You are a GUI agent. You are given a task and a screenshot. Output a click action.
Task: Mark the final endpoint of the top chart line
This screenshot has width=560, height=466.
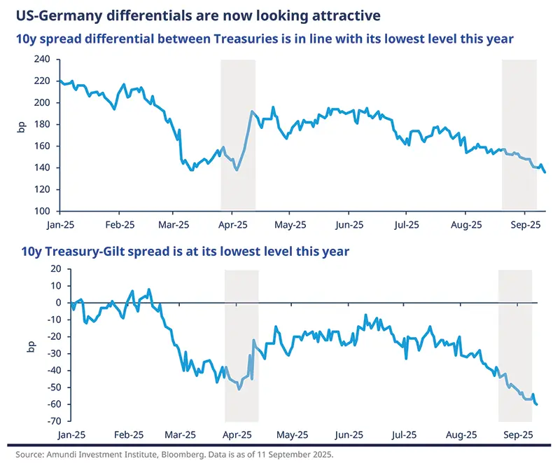545,172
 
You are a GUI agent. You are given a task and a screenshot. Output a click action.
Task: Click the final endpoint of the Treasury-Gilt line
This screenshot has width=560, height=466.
536,404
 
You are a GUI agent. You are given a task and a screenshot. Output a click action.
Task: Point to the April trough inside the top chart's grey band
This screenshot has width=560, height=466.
237,170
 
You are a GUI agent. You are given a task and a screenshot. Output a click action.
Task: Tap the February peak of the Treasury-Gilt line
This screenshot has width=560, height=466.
148,289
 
